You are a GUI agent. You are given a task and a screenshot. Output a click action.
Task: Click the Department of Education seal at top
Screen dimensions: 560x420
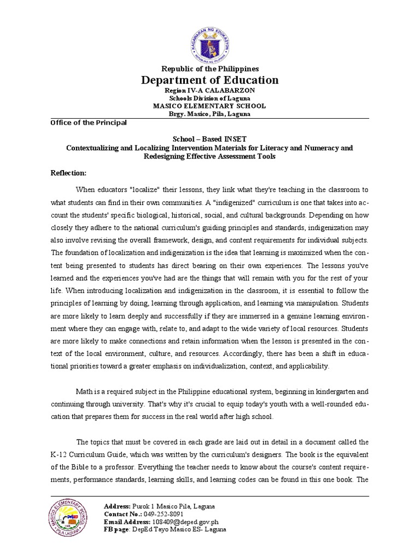coord(210,33)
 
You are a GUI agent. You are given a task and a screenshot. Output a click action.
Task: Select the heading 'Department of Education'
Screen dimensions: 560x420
coord(210,80)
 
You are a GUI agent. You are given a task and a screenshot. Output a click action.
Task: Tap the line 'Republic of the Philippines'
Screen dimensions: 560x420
coord(210,68)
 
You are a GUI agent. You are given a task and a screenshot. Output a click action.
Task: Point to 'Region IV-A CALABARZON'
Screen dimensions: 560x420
coord(210,90)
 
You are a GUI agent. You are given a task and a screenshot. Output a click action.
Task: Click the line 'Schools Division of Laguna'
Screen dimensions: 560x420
coord(210,98)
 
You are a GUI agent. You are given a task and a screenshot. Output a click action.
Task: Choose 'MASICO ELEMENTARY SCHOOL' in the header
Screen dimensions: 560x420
coord(210,106)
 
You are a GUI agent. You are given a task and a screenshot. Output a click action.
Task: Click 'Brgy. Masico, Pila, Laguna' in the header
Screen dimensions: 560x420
coord(210,114)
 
